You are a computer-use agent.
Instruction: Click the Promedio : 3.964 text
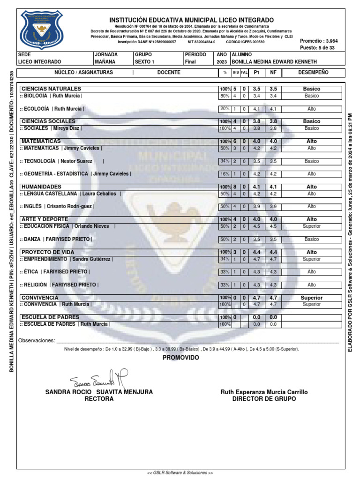coord(318,41)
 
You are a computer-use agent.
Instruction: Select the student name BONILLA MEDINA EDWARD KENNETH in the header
coord(275,62)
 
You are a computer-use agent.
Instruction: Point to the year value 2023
coord(222,62)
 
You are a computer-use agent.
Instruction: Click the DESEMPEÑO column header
coord(313,73)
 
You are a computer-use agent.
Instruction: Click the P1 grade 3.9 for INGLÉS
coord(256,206)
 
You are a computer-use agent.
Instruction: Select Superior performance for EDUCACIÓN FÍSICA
coord(312,226)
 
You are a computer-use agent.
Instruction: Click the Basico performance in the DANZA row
coord(312,239)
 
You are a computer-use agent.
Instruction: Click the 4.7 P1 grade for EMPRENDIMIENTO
coord(256,259)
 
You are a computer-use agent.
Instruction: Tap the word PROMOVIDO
coord(180,358)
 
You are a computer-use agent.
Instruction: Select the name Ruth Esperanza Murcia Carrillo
coord(264,392)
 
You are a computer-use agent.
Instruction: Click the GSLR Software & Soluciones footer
coord(180,473)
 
